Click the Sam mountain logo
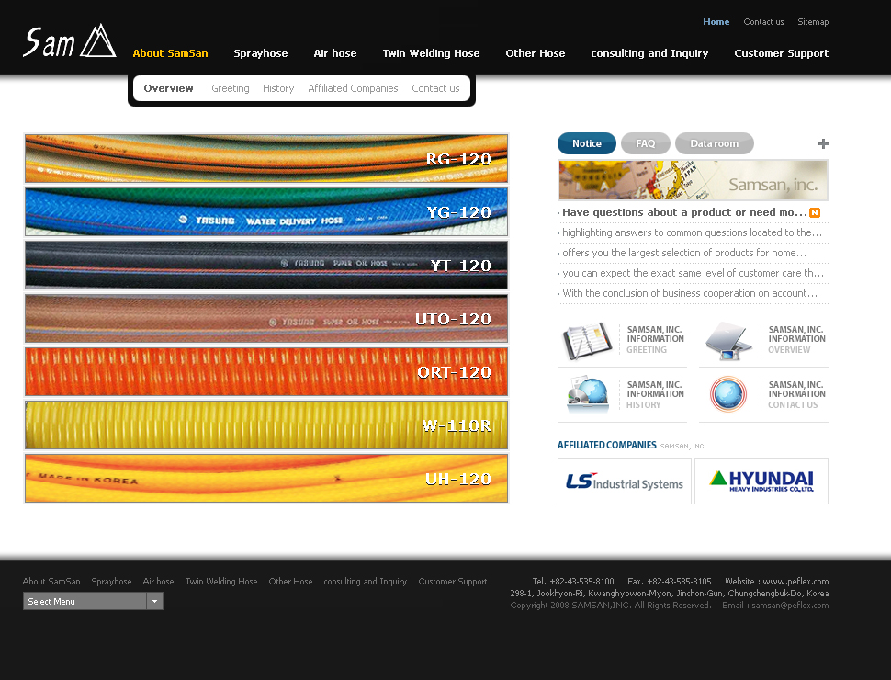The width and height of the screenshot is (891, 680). click(69, 41)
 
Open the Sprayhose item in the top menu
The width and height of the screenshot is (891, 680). click(261, 53)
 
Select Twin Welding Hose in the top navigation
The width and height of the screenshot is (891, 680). click(431, 53)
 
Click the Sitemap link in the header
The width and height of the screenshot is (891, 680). click(813, 22)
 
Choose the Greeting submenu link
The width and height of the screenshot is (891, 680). click(231, 89)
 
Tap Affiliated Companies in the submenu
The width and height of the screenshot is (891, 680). click(353, 89)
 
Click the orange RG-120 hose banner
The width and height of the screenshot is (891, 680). click(266, 159)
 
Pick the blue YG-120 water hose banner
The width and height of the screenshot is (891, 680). click(266, 212)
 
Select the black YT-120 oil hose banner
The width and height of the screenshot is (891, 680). click(266, 266)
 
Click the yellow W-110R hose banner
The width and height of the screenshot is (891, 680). click(266, 425)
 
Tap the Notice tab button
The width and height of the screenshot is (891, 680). click(587, 143)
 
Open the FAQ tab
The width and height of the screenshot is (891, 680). click(646, 143)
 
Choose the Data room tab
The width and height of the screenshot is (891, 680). click(714, 143)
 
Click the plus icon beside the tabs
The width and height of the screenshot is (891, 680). click(823, 143)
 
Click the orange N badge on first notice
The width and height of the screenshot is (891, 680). click(815, 213)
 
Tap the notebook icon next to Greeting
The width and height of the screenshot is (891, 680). click(587, 341)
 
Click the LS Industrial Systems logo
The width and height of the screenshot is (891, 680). click(625, 482)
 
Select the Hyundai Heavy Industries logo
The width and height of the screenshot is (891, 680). click(761, 482)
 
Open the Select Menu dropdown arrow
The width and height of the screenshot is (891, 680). click(155, 602)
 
